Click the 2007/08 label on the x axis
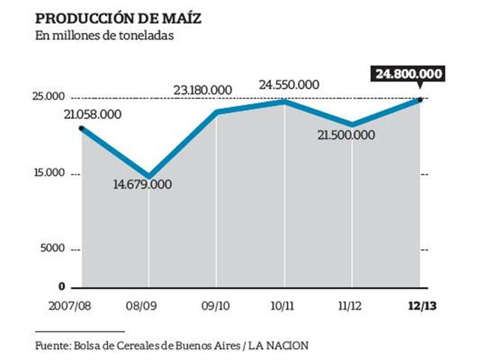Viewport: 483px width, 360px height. click(70, 306)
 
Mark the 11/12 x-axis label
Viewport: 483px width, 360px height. click(352, 306)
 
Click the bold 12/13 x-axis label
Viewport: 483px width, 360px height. click(419, 306)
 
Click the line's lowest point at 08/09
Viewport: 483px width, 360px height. click(149, 177)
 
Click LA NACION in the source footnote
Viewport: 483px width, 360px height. click(278, 346)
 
